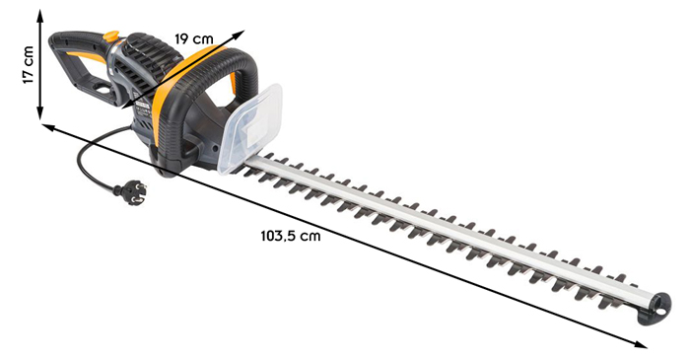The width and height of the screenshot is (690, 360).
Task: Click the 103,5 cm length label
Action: pos(291,236)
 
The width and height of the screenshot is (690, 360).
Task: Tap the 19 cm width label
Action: pos(194,37)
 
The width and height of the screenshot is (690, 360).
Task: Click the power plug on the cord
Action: pos(128,188)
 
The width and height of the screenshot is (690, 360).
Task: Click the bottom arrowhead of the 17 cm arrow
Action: pos(40,114)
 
